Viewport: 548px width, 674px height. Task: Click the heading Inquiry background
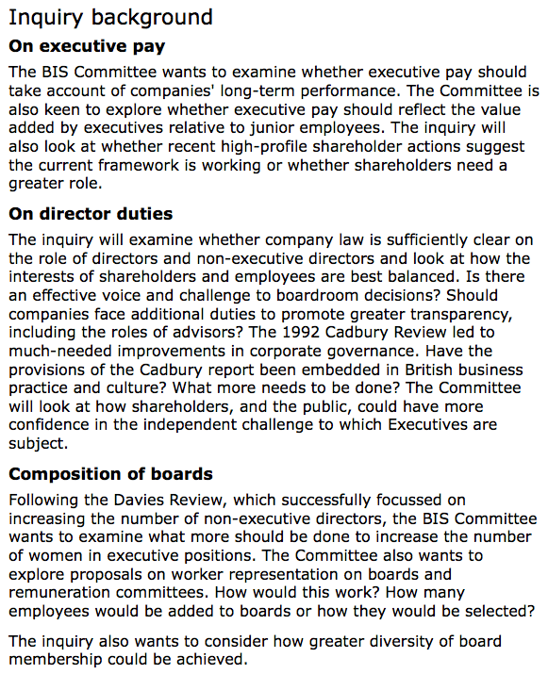click(110, 17)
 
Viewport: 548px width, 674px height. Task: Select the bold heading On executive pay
click(87, 45)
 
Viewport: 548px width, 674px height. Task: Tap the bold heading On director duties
click(91, 214)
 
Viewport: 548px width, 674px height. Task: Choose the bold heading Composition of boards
click(110, 474)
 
